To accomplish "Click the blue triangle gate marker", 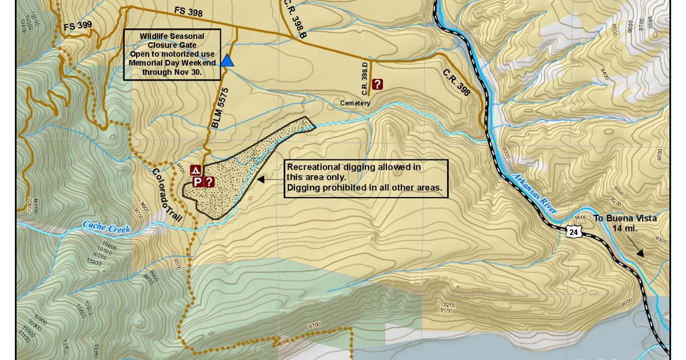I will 228,61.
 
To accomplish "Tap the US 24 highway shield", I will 573,231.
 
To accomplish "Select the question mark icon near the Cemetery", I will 377,84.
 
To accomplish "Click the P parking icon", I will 197,182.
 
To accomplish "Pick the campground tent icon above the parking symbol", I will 196,170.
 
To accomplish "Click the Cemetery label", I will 355,103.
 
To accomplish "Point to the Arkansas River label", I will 535,194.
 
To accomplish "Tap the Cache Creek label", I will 107,227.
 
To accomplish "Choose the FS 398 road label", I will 188,12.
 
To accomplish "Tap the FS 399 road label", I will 78,26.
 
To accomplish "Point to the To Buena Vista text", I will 624,218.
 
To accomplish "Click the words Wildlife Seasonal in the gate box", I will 171,36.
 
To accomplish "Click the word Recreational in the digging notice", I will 313,167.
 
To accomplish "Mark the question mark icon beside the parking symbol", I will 209,182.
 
